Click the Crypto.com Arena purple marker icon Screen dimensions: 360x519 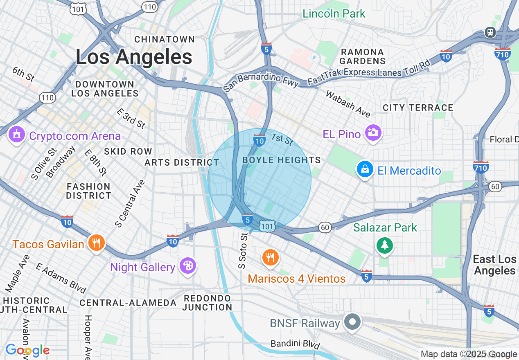[x=16, y=135]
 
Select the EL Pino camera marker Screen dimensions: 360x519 [x=373, y=133]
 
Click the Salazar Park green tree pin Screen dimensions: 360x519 [x=384, y=245]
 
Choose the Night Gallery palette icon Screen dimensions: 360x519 [x=187, y=266]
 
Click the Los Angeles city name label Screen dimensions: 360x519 [x=134, y=57]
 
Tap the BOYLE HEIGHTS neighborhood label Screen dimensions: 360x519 [x=282, y=160]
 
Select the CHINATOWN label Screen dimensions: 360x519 [x=165, y=39]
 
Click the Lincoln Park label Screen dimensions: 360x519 [x=334, y=13]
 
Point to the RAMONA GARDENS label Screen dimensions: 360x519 [x=362, y=56]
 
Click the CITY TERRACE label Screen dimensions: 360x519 [x=418, y=108]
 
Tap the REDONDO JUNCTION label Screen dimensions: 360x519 [x=208, y=303]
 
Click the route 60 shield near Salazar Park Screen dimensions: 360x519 [x=325, y=228]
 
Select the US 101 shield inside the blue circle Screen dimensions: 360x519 [x=267, y=226]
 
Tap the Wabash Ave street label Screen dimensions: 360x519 [x=348, y=103]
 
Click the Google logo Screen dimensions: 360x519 [x=27, y=350]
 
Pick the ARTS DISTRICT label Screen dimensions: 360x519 [x=182, y=162]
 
